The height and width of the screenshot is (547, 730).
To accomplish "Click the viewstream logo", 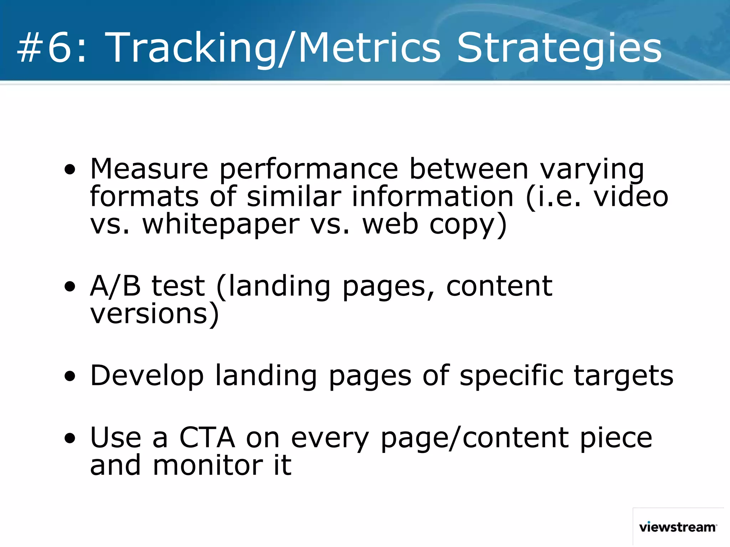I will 678,527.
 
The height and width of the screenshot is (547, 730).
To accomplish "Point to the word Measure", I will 149,169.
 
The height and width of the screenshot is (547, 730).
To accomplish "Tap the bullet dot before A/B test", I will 70,286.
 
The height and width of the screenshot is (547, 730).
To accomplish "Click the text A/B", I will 115,286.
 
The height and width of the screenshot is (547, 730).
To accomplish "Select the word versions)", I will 154,314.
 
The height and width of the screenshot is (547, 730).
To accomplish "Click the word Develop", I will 147,376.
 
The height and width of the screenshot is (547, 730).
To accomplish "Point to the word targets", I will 623,376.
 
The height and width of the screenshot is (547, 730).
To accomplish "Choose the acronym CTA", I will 207,438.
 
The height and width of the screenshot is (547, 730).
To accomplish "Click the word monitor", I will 207,466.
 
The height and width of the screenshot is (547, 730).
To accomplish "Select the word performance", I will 308,169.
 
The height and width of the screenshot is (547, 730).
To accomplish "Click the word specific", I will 511,376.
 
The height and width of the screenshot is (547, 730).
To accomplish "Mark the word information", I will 432,197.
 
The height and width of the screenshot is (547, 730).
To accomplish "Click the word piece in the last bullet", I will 616,438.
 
